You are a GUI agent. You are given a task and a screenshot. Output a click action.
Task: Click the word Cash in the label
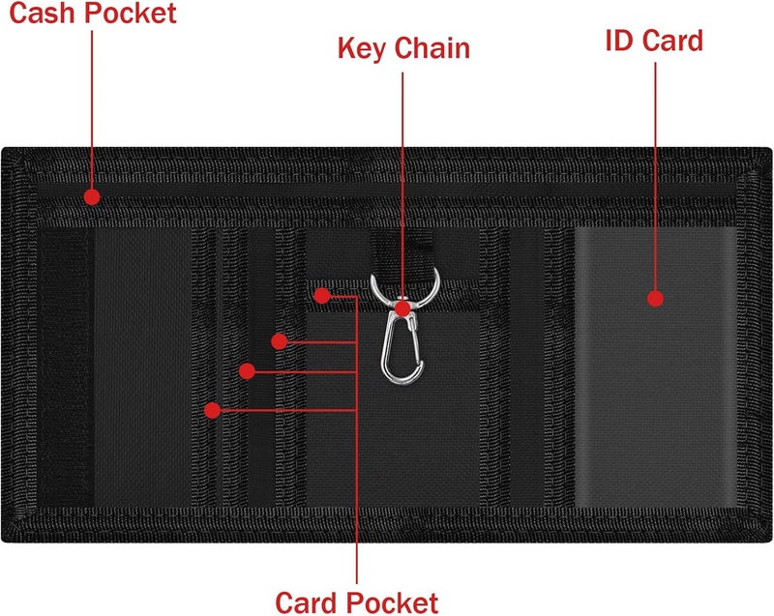tap(43, 13)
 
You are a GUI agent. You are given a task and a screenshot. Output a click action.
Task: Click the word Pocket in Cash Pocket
tap(131, 13)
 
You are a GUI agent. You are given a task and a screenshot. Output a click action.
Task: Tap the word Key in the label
tap(362, 48)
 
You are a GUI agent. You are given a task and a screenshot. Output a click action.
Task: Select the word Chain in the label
tap(432, 47)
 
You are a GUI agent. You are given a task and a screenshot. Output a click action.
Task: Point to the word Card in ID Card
tap(671, 41)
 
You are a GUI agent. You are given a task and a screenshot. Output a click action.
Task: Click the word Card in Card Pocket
tap(306, 602)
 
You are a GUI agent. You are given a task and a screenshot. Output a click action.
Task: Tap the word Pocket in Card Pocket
tap(392, 602)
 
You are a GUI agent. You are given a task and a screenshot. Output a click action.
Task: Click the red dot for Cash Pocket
tap(92, 197)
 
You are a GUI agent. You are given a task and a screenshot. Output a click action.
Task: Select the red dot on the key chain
tap(402, 308)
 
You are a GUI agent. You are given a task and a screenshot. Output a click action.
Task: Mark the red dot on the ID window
tap(655, 299)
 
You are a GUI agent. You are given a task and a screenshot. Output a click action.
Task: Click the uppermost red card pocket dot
tap(322, 296)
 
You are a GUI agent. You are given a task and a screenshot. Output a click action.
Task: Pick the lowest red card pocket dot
tap(212, 410)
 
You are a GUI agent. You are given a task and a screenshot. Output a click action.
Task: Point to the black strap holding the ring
tap(402, 249)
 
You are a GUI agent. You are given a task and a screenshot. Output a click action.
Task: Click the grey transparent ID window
tap(656, 367)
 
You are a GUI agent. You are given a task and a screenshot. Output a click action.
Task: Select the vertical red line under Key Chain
tap(402, 188)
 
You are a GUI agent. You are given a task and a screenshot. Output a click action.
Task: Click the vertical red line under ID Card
tap(656, 177)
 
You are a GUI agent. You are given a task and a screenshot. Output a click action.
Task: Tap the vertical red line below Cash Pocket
tap(92, 110)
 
